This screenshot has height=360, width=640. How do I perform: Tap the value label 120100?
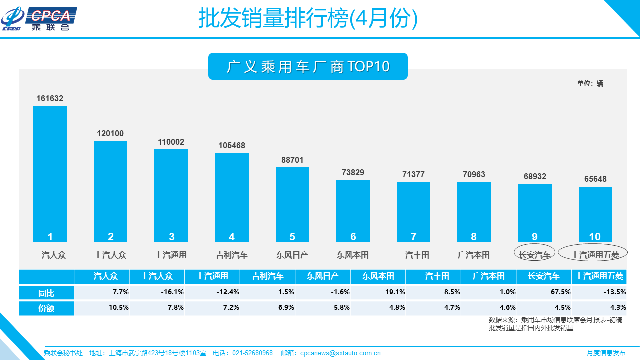(x=110, y=134)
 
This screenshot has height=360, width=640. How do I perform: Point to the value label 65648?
(x=595, y=179)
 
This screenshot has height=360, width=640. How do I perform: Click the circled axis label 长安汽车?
(x=534, y=255)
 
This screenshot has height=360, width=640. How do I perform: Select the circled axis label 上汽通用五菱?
(x=595, y=255)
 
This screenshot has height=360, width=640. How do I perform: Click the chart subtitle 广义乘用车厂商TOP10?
(x=308, y=67)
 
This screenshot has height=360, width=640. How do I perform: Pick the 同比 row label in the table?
(x=46, y=293)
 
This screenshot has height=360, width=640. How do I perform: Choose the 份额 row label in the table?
(x=46, y=308)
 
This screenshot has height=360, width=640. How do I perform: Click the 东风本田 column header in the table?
(x=378, y=276)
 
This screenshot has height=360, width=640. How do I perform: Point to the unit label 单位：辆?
(x=590, y=83)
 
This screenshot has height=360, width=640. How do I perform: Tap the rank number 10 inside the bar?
(x=595, y=237)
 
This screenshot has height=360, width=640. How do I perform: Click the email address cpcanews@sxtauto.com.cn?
(x=340, y=353)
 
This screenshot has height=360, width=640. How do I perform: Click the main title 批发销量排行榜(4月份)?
(x=308, y=19)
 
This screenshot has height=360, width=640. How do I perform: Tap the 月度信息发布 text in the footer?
(x=606, y=353)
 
